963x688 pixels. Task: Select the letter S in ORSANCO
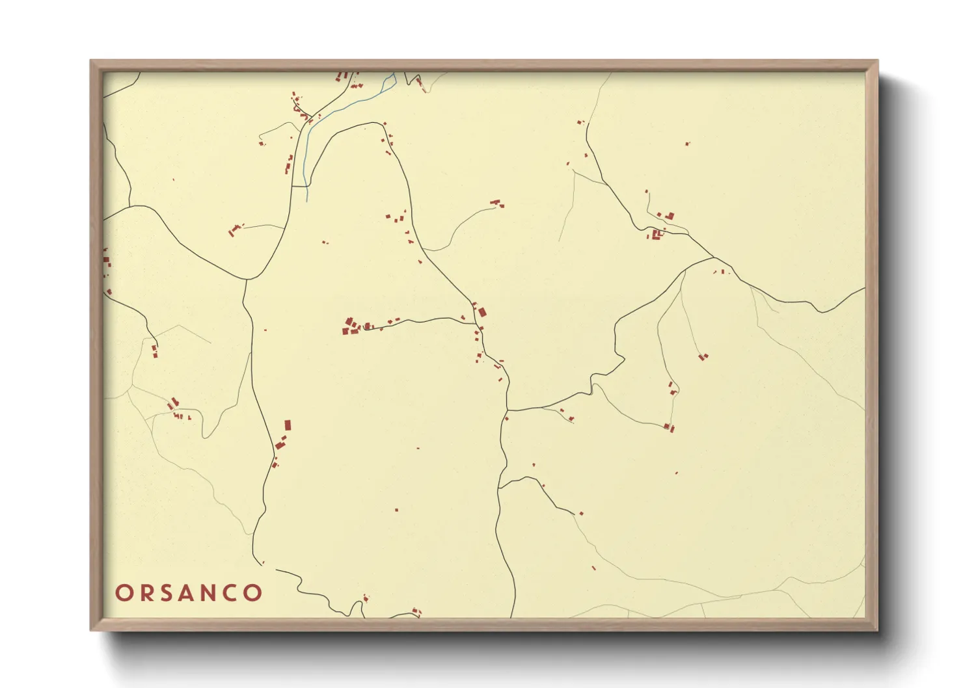coord(167,593)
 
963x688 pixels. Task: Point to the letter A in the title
coord(187,593)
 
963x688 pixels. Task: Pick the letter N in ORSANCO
coord(210,593)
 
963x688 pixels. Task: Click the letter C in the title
coord(232,593)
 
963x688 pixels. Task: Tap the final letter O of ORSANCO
coord(254,593)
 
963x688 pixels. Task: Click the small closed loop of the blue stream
coord(391,81)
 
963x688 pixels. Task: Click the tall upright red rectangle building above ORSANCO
coord(288,425)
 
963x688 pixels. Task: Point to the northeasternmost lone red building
coord(688,144)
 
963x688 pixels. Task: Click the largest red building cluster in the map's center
coord(351,326)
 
